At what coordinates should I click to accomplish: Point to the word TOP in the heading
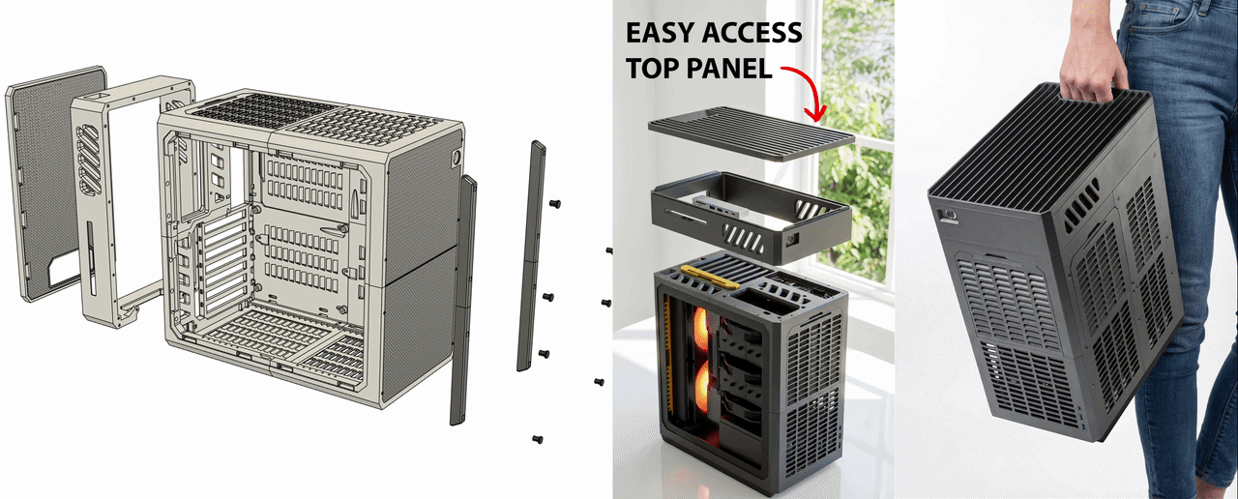click(x=652, y=69)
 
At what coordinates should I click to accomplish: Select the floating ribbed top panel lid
click(x=752, y=133)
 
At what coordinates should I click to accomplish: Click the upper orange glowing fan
click(x=701, y=330)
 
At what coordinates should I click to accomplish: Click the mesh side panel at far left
click(x=55, y=183)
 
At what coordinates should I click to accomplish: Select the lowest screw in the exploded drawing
click(x=537, y=439)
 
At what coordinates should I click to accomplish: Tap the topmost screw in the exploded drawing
click(x=555, y=204)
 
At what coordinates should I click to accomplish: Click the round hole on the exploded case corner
click(x=457, y=158)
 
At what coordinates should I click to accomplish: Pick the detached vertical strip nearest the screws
click(x=531, y=255)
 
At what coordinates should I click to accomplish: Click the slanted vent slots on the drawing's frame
click(x=90, y=161)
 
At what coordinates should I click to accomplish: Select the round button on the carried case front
click(x=946, y=215)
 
